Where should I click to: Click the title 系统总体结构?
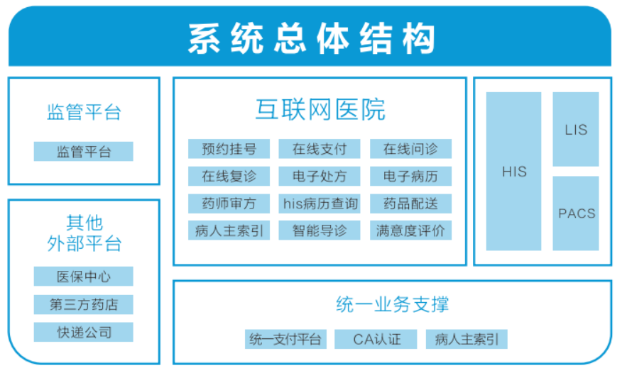click(x=312, y=38)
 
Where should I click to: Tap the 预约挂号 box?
click(x=229, y=149)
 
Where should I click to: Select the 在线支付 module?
click(x=320, y=149)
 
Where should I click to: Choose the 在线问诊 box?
click(x=410, y=149)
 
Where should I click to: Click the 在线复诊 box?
click(x=229, y=176)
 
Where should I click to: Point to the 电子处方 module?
click(x=320, y=176)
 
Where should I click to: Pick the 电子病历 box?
click(x=410, y=176)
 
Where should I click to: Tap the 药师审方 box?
click(x=229, y=204)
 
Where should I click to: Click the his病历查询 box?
click(x=320, y=204)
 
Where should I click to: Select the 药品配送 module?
click(x=410, y=204)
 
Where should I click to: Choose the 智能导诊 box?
click(x=320, y=230)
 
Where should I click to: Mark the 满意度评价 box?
click(x=410, y=230)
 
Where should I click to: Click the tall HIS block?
click(x=513, y=171)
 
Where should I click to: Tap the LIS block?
click(x=576, y=129)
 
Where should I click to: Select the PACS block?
click(x=576, y=213)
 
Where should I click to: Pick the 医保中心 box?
click(x=83, y=276)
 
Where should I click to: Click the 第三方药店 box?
click(x=83, y=304)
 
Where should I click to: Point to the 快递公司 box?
click(x=83, y=332)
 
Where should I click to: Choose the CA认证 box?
click(x=376, y=339)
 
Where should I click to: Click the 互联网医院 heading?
click(x=320, y=109)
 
